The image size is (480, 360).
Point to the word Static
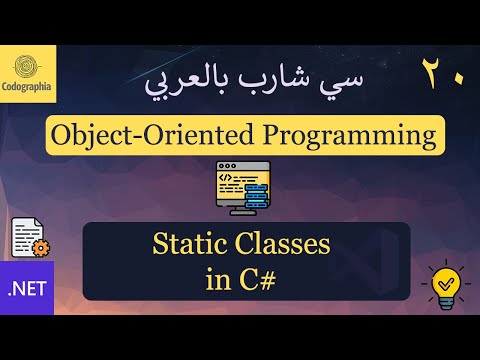pyautogui.click(x=190, y=243)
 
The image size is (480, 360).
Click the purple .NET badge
pyautogui.click(x=30, y=290)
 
